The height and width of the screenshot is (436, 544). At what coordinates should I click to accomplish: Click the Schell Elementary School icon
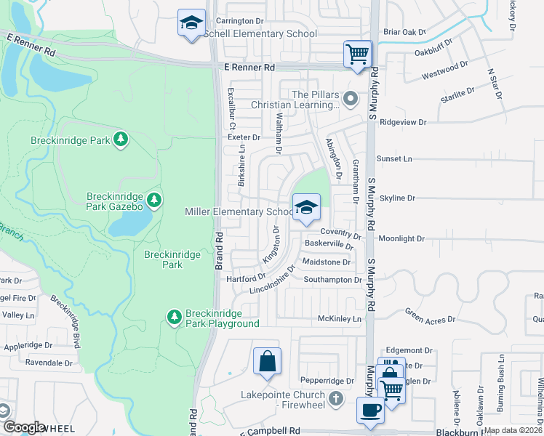coord(192,24)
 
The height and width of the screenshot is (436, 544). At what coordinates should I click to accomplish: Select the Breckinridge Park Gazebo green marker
coord(153,199)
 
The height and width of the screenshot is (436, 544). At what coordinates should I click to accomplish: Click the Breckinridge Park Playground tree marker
coord(174,316)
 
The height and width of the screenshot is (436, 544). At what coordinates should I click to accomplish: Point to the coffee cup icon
coord(370,410)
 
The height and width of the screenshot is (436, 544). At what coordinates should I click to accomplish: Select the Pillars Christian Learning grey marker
coord(351,97)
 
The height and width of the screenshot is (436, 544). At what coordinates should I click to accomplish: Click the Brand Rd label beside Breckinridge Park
coord(219,251)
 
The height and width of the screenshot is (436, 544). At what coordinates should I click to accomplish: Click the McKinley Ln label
coord(340,319)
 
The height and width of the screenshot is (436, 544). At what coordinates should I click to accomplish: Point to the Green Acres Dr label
coord(430,318)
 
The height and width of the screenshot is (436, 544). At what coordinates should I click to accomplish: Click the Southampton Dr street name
coord(332,280)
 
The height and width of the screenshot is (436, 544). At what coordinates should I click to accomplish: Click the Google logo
coord(24,427)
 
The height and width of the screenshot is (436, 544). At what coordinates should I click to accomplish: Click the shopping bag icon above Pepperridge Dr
coord(267,361)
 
